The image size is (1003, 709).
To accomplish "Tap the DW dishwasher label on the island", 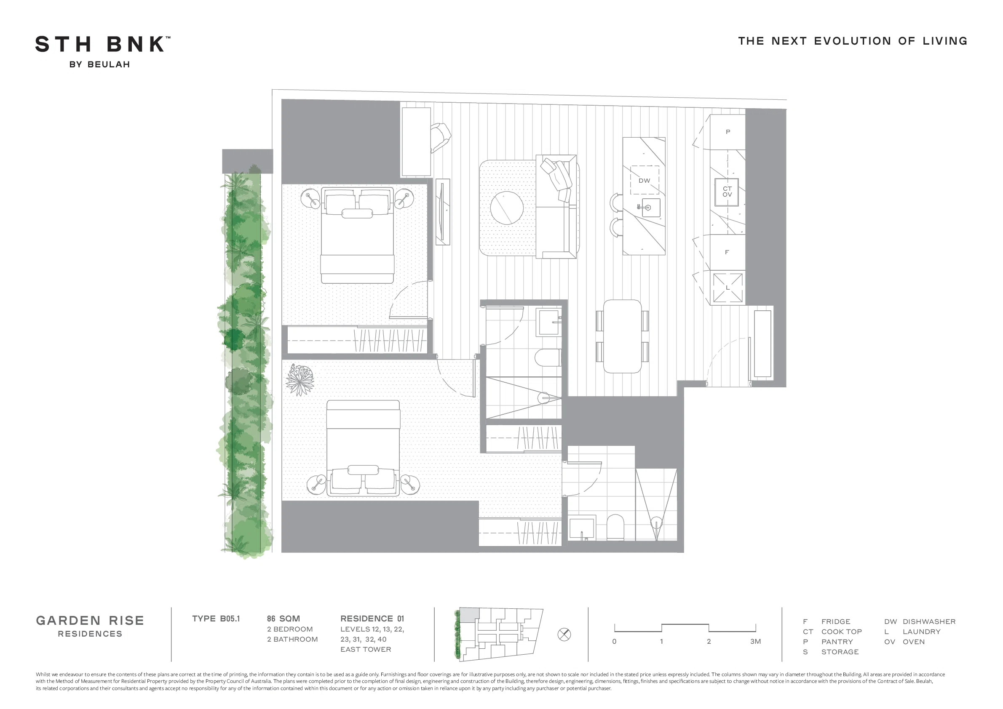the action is tap(645, 181).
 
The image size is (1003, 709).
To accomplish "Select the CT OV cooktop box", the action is tap(727, 192).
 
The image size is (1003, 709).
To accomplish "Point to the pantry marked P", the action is tap(728, 132).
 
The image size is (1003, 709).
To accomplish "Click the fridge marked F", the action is tap(728, 252).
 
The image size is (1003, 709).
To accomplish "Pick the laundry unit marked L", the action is tap(728, 288).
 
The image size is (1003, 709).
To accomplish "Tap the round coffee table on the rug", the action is tap(507, 208).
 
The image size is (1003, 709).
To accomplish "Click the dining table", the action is tap(623, 336).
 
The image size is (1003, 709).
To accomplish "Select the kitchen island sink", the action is tap(650, 208).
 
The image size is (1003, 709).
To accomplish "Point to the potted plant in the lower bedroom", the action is tap(300, 380).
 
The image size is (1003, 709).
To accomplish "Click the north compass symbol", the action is tap(564, 634).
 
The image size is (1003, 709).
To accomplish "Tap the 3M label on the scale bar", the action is tap(755, 641).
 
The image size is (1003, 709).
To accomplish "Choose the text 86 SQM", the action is tap(284, 618).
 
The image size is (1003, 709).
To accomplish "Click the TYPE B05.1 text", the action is tap(216, 618).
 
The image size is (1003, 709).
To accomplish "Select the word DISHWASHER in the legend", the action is tap(929, 621).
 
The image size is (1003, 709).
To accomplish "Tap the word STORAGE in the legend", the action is tap(840, 652).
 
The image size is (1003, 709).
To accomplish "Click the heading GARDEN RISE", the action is tap(90, 621).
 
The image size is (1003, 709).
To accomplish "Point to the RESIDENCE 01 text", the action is tap(372, 618).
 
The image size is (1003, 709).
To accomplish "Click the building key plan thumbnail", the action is tap(499, 634).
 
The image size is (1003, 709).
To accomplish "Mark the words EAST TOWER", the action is tap(366, 649).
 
